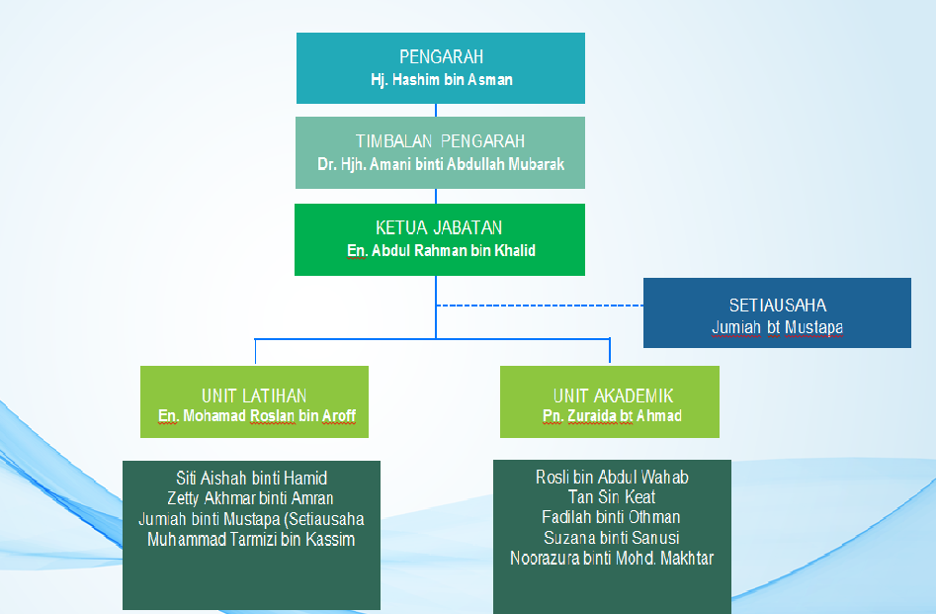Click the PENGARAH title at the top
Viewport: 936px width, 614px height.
(441, 56)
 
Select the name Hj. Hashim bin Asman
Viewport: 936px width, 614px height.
(441, 79)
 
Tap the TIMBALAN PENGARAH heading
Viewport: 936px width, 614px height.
(440, 141)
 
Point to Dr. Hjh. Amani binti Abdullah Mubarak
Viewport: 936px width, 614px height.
(441, 164)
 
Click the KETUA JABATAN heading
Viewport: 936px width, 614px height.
(439, 227)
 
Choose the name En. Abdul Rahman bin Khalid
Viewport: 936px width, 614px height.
(441, 250)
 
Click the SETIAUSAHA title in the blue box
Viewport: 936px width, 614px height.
(778, 306)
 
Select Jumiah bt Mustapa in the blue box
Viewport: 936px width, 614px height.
(777, 327)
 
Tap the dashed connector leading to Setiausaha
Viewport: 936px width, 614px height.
(540, 306)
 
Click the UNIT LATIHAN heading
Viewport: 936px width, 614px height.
(254, 395)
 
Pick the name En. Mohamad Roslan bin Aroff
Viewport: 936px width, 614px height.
(257, 415)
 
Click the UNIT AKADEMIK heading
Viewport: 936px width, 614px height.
(613, 395)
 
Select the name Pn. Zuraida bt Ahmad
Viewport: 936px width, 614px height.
(612, 415)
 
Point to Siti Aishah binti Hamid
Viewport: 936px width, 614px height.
(251, 478)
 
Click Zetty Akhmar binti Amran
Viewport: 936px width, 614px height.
(250, 498)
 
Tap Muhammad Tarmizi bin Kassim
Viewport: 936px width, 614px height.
(251, 539)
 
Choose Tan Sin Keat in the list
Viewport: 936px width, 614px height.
(611, 497)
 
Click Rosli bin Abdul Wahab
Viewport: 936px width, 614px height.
(612, 478)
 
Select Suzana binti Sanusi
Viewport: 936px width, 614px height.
(611, 538)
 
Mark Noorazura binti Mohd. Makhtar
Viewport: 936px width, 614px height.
(612, 558)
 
